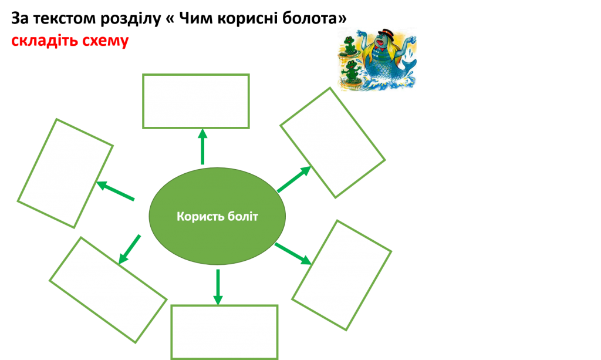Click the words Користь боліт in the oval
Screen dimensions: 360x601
(217, 217)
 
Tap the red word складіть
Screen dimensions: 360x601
(40, 42)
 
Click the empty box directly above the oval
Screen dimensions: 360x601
(196, 101)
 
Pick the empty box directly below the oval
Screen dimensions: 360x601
(224, 332)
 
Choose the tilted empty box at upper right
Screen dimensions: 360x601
(332, 143)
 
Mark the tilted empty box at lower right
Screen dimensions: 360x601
(342, 275)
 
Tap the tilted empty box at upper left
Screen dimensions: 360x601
(65, 173)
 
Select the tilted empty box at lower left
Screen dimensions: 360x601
(108, 290)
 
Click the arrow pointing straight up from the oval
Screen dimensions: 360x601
(202, 147)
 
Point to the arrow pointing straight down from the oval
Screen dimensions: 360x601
(218, 287)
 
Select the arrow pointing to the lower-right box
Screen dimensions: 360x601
(292, 253)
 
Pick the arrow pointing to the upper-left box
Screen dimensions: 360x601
(116, 192)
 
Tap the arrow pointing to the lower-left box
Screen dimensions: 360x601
(129, 249)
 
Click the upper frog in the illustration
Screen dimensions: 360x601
(349, 45)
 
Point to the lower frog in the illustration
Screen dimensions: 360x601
(351, 72)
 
